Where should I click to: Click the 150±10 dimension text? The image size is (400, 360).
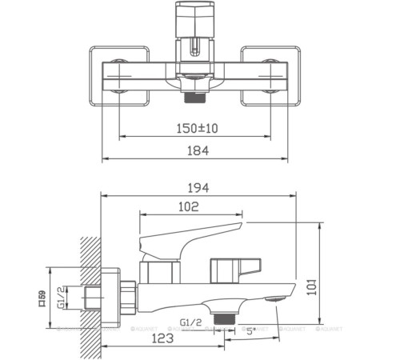coord(194,127)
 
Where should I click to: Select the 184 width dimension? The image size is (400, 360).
coord(194,150)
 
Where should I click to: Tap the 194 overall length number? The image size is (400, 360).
coord(198,188)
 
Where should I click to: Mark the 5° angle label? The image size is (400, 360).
coord(250,329)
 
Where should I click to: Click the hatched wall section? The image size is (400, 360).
coord(91,288)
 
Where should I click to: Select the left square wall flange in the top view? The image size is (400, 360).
coord(118,77)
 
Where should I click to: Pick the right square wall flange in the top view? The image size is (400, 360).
coord(270,77)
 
